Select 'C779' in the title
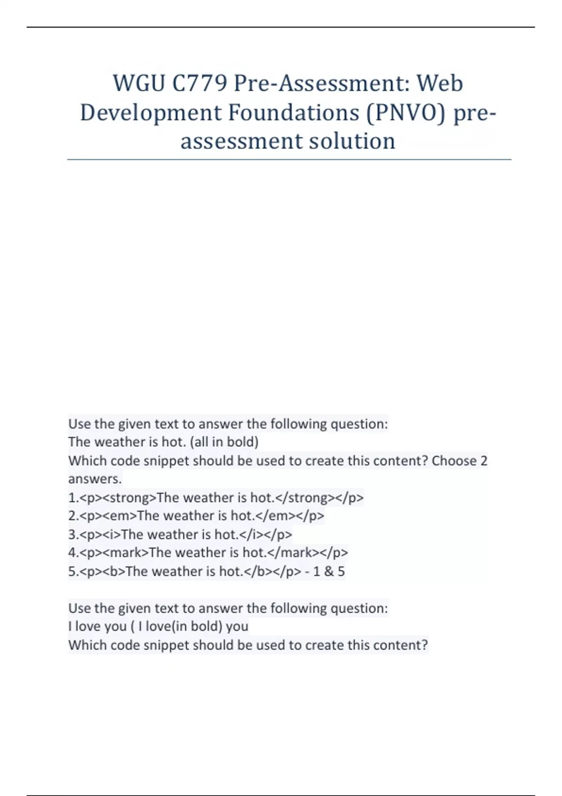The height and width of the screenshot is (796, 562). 200,83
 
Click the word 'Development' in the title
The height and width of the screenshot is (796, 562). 151,112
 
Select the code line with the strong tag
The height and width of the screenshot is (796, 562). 216,497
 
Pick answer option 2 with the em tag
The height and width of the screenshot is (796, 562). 196,516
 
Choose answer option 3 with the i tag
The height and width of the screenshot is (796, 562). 180,534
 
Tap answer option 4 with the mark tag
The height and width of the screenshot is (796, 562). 208,553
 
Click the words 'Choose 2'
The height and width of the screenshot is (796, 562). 459,461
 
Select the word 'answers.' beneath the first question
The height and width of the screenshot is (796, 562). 95,479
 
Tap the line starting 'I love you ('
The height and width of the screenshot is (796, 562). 158,626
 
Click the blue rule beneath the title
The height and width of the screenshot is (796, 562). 289,160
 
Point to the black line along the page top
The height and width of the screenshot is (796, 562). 281,27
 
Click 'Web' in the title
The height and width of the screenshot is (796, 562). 440,83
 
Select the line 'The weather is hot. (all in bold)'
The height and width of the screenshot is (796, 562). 163,442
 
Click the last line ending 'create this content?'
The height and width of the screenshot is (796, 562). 248,645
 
